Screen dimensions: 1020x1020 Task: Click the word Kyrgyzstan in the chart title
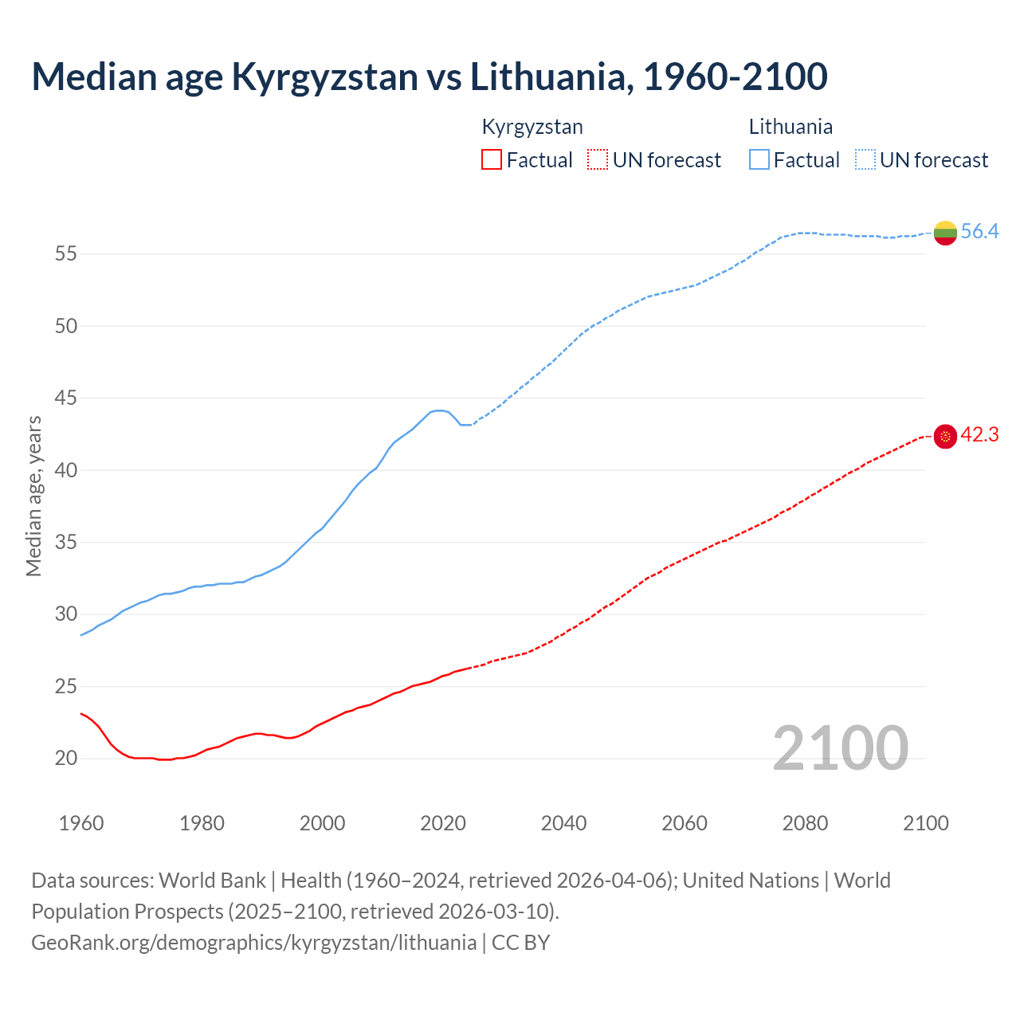[324, 76]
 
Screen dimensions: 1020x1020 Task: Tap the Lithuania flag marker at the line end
[945, 233]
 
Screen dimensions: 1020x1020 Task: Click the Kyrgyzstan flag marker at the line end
[945, 437]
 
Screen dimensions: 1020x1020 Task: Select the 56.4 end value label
[979, 232]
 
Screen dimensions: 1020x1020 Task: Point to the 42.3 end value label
[979, 435]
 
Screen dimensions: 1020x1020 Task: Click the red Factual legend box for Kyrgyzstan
[492, 160]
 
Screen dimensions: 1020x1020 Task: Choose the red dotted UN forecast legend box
[598, 160]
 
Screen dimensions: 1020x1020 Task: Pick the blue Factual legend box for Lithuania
[759, 160]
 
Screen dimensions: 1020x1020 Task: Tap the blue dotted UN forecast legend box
[865, 160]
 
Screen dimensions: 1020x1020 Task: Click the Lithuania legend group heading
[790, 127]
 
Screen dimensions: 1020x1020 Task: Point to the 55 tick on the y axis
[65, 254]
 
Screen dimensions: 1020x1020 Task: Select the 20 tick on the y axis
[65, 759]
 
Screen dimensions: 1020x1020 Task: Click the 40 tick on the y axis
[65, 470]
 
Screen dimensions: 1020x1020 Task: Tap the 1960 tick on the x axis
[81, 823]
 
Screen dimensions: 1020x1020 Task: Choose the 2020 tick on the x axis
[443, 823]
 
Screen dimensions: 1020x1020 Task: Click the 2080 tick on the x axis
[805, 823]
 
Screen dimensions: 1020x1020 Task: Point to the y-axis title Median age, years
[33, 496]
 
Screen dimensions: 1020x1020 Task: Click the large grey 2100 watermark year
[841, 748]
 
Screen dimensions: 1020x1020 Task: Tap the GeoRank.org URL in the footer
[253, 943]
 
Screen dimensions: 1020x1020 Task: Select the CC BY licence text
[521, 943]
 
